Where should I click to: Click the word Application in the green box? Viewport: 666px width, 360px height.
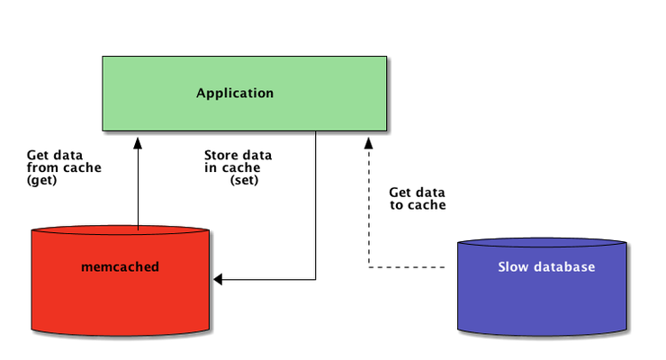(235, 93)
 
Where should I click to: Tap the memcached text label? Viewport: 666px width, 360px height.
(120, 266)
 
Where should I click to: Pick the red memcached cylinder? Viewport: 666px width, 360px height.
(121, 297)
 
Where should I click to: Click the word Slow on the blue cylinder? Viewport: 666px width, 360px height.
(513, 267)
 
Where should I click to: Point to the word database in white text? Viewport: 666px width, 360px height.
(563, 267)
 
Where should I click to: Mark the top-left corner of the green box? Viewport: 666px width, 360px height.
(103, 58)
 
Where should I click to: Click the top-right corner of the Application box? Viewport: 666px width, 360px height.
(386, 58)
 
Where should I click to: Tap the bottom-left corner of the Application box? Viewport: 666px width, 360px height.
(103, 130)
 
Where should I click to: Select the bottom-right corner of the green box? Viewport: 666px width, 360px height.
(386, 130)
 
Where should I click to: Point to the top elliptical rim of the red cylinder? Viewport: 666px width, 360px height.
(121, 229)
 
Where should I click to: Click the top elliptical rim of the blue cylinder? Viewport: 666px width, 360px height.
(541, 243)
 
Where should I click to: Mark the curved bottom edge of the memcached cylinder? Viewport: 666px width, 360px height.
(121, 334)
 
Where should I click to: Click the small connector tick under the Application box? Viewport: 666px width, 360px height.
(315, 133)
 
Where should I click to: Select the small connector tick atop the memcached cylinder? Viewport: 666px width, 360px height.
(138, 226)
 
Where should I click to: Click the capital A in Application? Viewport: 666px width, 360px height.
(201, 93)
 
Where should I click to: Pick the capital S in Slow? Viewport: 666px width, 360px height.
(502, 267)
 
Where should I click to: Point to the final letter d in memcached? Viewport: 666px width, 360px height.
(155, 266)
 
